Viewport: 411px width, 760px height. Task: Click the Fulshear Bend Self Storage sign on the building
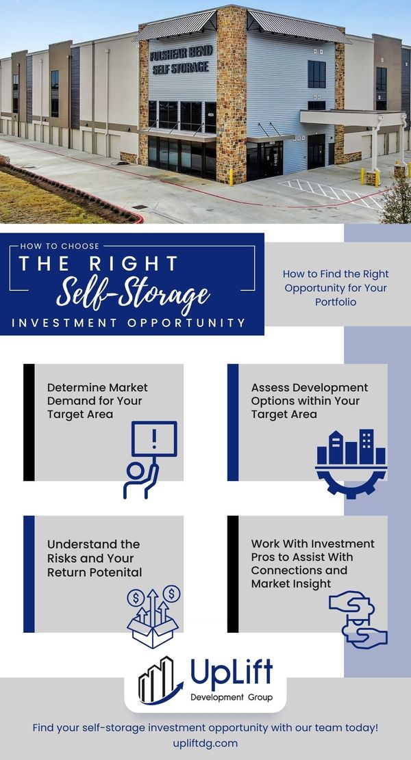179,60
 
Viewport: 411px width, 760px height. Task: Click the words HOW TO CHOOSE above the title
60,246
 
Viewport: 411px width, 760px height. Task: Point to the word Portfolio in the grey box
336,302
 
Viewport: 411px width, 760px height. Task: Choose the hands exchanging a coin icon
358,618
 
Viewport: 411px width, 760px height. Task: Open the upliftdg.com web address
205,742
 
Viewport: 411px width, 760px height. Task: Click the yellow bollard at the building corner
232,177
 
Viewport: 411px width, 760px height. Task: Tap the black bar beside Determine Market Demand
29,422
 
